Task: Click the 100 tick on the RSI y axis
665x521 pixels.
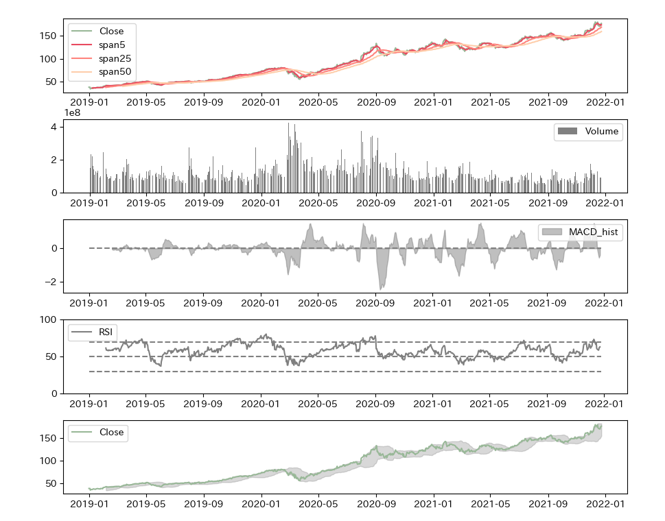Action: (48, 320)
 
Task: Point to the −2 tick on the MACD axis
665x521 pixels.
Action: (50, 282)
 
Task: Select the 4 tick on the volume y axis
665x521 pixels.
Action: (53, 127)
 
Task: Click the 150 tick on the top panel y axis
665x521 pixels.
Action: (48, 36)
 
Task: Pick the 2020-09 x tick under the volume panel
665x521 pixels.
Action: (376, 203)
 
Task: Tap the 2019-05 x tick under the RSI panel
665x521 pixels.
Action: (146, 404)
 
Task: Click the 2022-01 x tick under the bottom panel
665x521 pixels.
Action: (605, 504)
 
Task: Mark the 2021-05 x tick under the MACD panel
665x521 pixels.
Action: (489, 303)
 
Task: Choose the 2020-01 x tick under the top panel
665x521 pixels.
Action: (261, 103)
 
